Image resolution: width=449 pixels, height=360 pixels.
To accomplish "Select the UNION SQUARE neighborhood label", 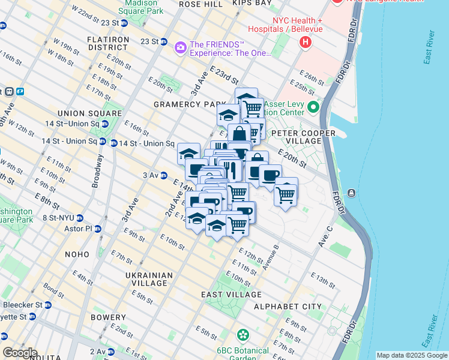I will (x=90, y=113).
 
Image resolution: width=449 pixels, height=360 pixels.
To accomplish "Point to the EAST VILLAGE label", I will (x=231, y=295).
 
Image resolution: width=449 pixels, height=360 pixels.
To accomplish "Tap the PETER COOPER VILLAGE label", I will (x=297, y=136).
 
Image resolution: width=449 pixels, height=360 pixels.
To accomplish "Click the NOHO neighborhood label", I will (x=77, y=254).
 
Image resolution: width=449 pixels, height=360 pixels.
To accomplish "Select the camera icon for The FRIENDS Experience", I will (x=179, y=47).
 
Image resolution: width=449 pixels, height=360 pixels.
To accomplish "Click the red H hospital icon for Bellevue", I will (x=306, y=42).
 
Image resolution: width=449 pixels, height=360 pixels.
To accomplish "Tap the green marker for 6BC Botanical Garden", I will (x=243, y=334).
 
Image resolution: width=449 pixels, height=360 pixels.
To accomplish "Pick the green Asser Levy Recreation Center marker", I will (x=313, y=108).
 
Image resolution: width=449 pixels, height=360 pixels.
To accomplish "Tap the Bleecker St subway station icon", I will (x=48, y=305).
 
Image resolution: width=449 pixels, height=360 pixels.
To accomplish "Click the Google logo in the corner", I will (x=19, y=353).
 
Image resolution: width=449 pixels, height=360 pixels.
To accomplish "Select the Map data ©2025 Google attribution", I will (x=411, y=355).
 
